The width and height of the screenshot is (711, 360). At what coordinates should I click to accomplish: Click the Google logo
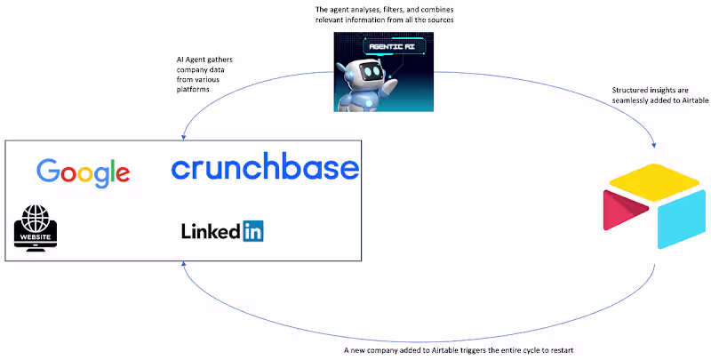(x=84, y=172)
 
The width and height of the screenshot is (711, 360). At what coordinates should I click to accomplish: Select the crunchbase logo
(x=265, y=167)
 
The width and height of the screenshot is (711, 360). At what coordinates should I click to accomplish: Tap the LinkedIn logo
(x=222, y=232)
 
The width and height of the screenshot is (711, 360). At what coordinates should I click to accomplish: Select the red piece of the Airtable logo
(x=625, y=212)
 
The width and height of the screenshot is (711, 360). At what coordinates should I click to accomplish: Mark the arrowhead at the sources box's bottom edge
(x=183, y=266)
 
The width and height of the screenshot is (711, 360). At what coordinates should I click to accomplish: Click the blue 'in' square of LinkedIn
(x=253, y=232)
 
